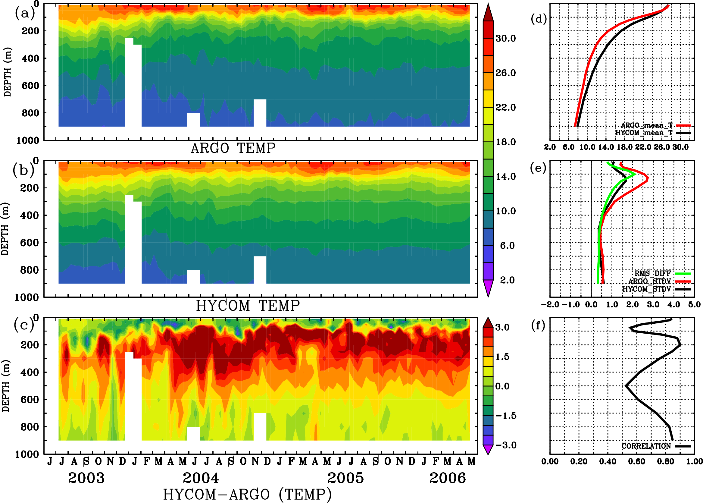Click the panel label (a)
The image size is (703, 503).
tap(25, 13)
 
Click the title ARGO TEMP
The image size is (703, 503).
tap(233, 148)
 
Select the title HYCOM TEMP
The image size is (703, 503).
tap(248, 306)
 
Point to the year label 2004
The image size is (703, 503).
tap(201, 478)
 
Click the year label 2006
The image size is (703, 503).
tap(447, 478)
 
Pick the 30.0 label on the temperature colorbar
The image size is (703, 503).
tap(505, 38)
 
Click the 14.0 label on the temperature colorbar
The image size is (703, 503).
tap(506, 177)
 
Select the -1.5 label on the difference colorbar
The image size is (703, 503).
tap(505, 416)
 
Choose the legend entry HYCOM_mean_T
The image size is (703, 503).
tap(644, 133)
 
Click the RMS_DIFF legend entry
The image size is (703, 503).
tap(652, 273)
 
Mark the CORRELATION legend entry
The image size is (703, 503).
tap(646, 446)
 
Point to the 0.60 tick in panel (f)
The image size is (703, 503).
tap(636, 461)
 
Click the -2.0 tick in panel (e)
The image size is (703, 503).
tap(550, 304)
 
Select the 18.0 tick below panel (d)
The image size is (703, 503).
tap(624, 147)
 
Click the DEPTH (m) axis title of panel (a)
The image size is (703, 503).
tap(8, 72)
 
